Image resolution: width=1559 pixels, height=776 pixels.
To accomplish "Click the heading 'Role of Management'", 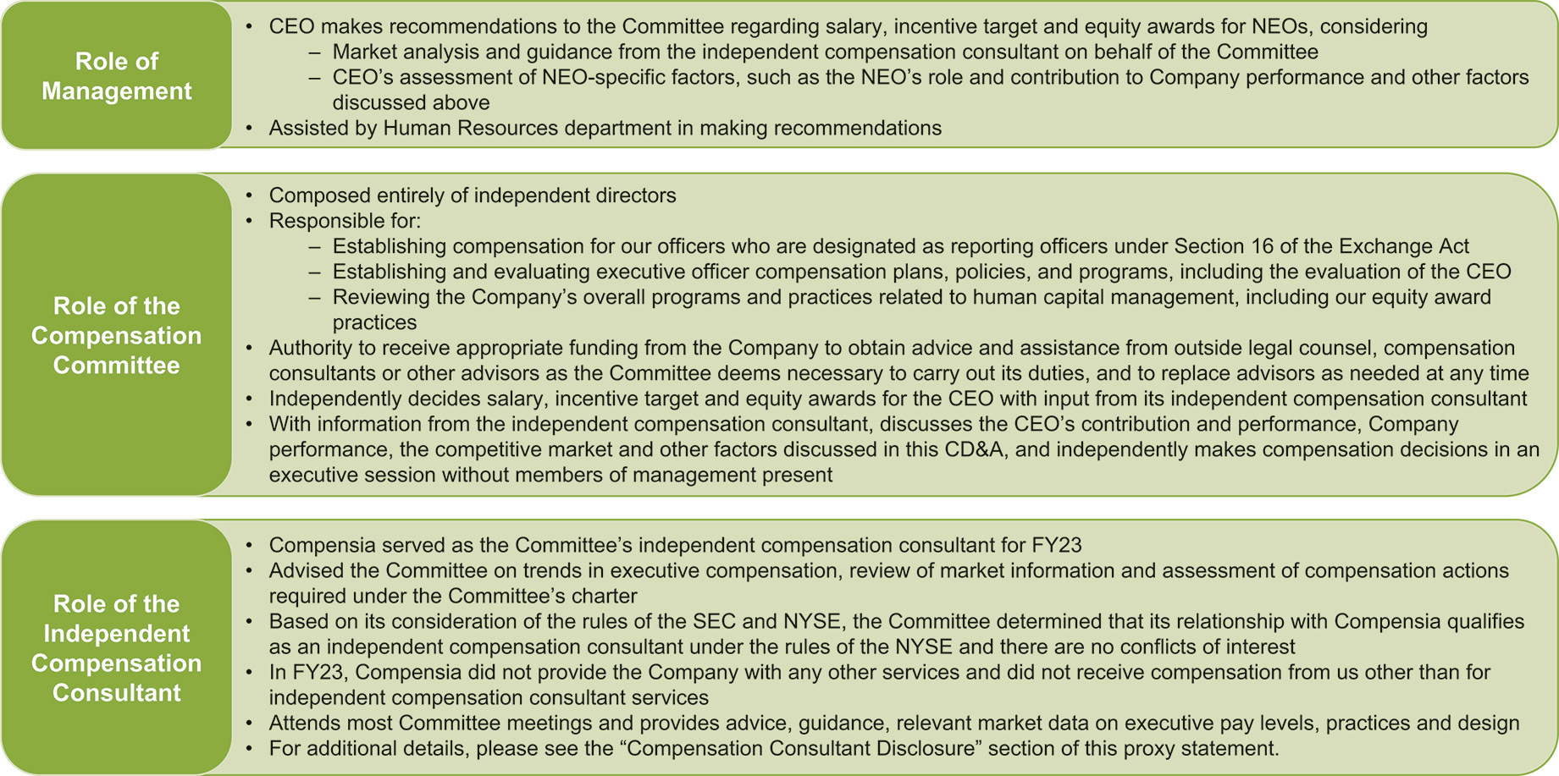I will coord(116,76).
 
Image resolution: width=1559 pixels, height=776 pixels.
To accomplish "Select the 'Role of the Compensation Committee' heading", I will coord(116,335).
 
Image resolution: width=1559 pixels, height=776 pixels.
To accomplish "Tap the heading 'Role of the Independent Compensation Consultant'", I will coord(116,648).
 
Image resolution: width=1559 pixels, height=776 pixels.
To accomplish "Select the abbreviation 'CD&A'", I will coord(976,449).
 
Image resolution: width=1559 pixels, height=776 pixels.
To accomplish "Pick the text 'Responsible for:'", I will coord(345,221).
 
